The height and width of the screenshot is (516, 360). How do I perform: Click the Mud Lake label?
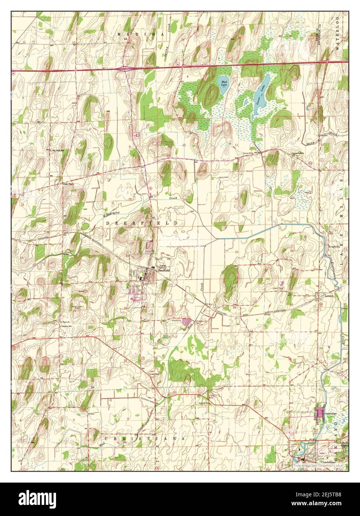coord(224,83)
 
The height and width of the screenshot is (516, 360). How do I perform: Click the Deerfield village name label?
coord(163,271)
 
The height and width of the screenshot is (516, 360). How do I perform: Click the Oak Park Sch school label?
coord(58,150)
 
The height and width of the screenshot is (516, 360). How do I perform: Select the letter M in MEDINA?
coord(119,34)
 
